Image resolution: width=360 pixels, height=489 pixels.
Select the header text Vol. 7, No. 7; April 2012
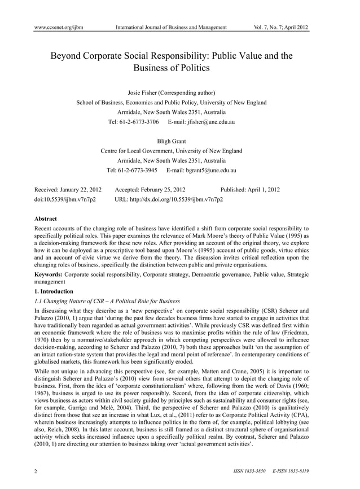[282, 27]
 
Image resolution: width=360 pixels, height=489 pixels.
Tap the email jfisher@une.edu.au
[205, 122]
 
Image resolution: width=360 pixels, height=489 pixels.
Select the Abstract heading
[46, 218]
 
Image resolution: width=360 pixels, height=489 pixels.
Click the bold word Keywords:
[49, 274]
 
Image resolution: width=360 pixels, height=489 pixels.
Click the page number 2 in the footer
[37, 471]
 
